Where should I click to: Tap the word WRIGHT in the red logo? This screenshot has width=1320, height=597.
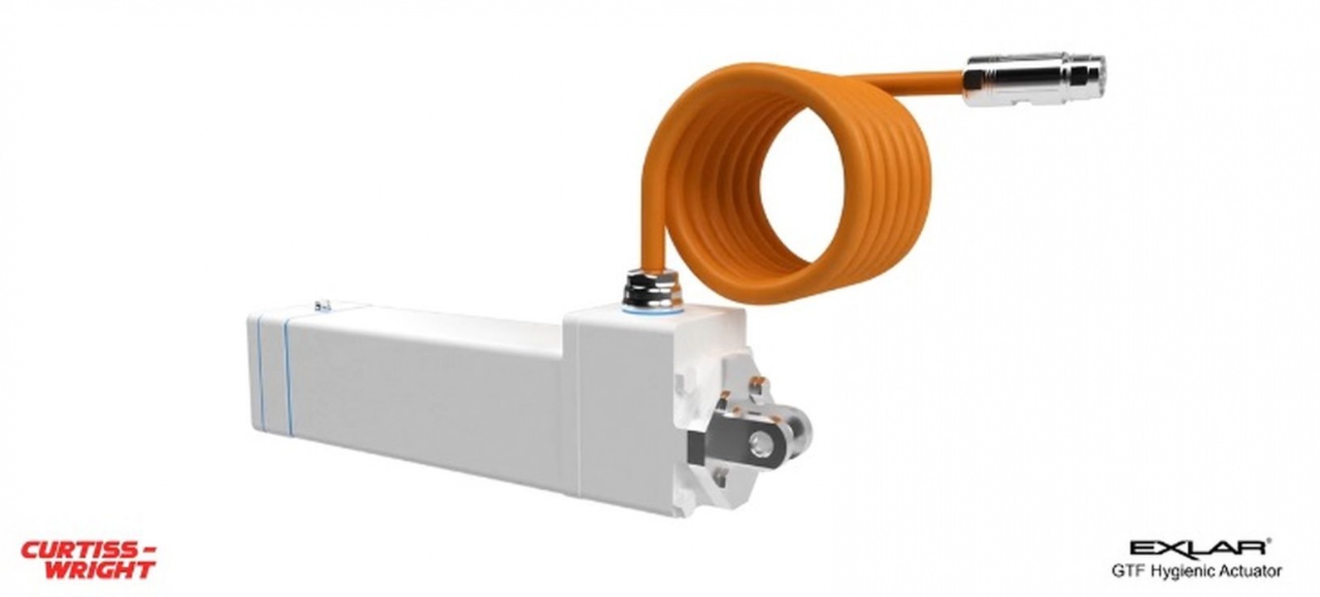point(101,570)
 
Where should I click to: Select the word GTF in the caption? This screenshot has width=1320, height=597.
point(1127,572)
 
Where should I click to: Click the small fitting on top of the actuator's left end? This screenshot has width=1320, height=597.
point(325,305)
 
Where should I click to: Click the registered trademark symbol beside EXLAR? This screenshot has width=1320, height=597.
point(1268,540)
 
